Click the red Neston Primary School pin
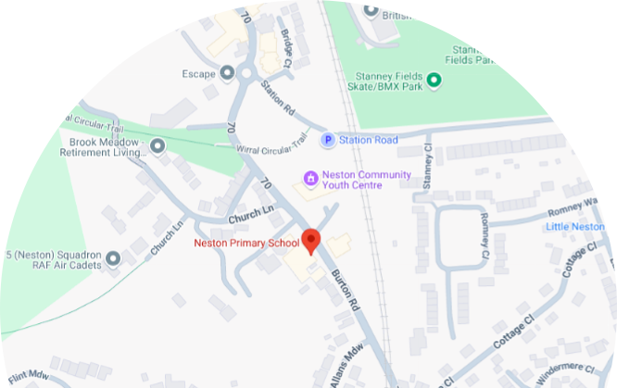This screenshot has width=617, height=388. (311, 240)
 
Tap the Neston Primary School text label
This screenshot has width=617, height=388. (246, 244)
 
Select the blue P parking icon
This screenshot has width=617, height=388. (327, 140)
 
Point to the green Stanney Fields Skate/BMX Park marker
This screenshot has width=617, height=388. (433, 81)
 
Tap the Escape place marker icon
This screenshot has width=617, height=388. (227, 72)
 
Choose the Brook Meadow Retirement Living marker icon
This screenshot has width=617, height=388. (157, 145)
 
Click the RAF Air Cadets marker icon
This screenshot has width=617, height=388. (113, 258)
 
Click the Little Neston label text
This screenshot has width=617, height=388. (581, 226)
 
